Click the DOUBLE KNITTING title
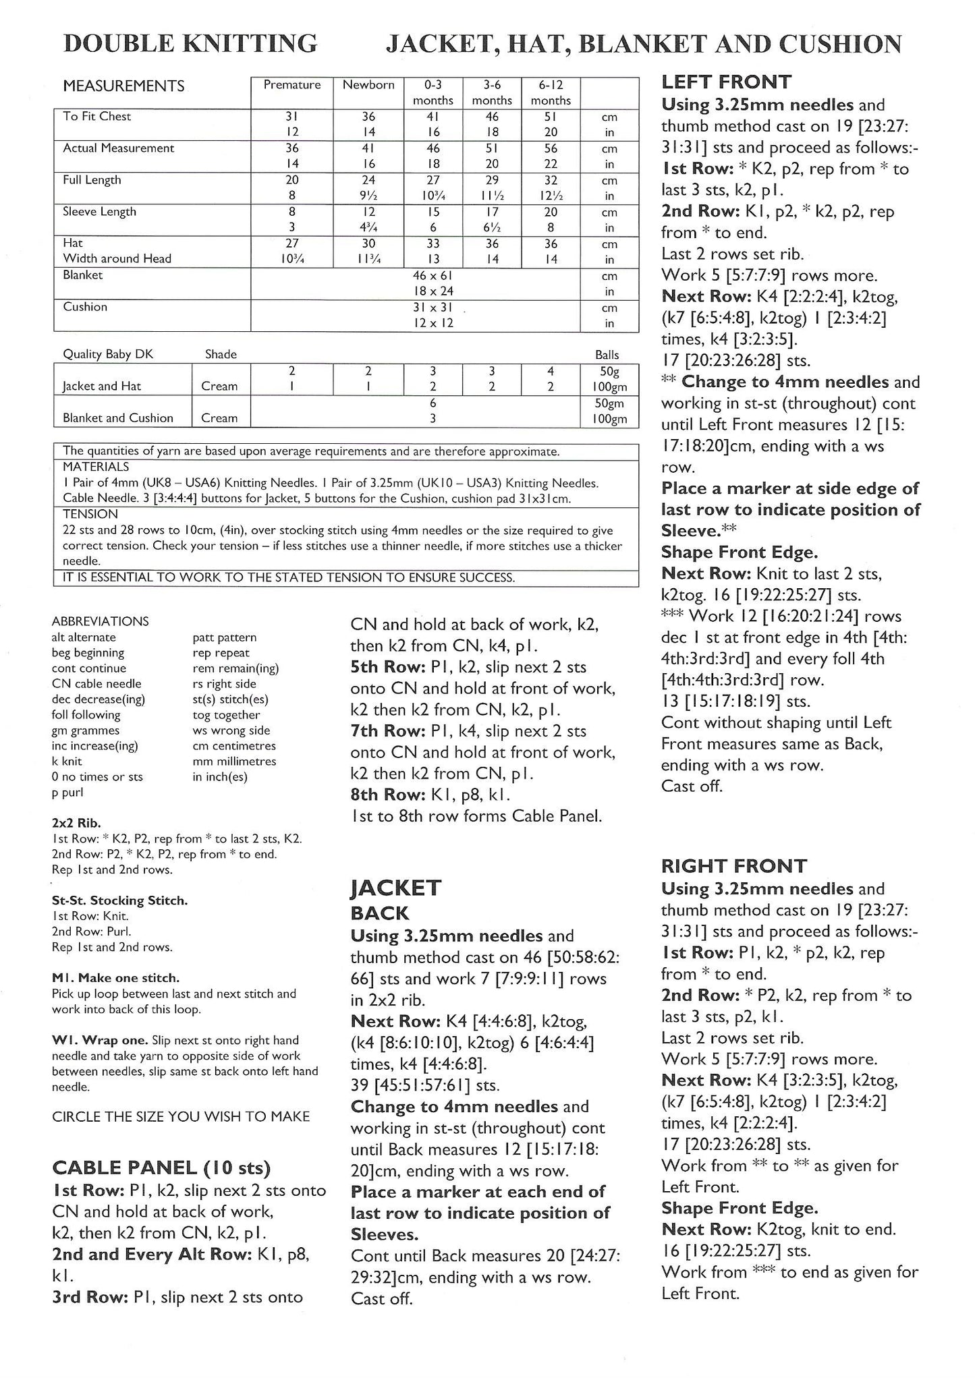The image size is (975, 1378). point(190,44)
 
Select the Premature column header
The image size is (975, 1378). point(291,85)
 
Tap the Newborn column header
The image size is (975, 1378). point(368,85)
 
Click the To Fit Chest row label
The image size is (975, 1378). point(97,117)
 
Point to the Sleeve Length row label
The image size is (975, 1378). point(99,212)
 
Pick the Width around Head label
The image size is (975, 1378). point(117,258)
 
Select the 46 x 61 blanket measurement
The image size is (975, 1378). point(433,275)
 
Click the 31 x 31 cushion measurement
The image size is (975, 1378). point(433,308)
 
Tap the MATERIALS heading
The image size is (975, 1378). point(96,467)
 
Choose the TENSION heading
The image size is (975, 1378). point(90,514)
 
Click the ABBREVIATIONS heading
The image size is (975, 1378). point(100,621)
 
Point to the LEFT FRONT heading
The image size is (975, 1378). point(726,82)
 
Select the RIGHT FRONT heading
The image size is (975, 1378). point(734,866)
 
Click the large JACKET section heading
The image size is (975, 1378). point(395,888)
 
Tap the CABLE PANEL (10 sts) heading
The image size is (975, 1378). point(161,1168)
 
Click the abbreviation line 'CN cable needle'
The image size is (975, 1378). point(96,684)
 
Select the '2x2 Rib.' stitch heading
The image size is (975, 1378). point(76,823)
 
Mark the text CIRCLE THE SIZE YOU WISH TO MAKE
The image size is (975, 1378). point(181,1116)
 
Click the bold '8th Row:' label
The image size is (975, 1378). point(383,795)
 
